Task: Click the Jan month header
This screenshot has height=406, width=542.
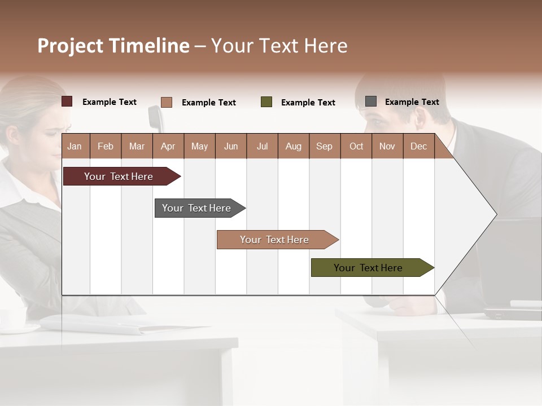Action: click(75, 146)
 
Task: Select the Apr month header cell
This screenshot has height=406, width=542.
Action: click(168, 146)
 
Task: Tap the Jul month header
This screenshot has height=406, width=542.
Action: click(262, 146)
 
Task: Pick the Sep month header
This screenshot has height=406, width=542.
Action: click(324, 146)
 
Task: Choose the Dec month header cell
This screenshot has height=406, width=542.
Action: click(418, 146)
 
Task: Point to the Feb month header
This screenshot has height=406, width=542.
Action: click(106, 146)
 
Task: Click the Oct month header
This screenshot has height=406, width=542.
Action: click(356, 146)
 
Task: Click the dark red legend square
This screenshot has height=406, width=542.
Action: click(67, 101)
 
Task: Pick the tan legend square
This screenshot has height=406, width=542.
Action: click(167, 102)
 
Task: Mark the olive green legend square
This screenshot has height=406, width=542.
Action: click(266, 102)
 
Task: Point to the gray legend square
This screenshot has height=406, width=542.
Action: click(371, 101)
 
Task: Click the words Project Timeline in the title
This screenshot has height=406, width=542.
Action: click(113, 46)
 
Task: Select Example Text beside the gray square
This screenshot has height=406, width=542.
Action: click(412, 102)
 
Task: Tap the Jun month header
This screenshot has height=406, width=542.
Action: click(231, 146)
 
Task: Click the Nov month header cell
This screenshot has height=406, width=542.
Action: click(387, 146)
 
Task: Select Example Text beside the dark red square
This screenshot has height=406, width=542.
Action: click(110, 102)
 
